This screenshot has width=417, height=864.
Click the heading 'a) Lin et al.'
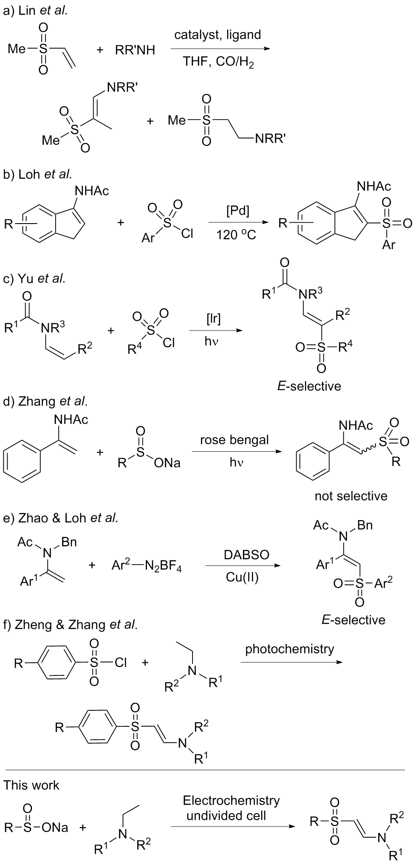point(35,11)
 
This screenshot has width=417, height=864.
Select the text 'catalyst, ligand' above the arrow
point(218,35)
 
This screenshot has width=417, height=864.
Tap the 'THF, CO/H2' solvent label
point(218,62)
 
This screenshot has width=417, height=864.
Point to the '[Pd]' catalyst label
point(238,211)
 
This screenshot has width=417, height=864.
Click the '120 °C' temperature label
point(236,235)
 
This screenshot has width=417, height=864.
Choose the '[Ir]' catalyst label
point(214,319)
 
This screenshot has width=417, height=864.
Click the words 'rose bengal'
point(234,440)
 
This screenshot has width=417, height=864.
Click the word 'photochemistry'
point(289,649)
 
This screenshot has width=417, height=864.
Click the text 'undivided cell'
point(226,804)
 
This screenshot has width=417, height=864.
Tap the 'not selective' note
point(351,496)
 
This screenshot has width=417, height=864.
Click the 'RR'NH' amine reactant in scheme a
point(135,50)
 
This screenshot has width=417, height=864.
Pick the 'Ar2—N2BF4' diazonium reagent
point(147,566)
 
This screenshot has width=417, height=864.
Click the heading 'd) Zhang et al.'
point(45,401)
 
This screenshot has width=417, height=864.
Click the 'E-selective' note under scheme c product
point(309,386)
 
